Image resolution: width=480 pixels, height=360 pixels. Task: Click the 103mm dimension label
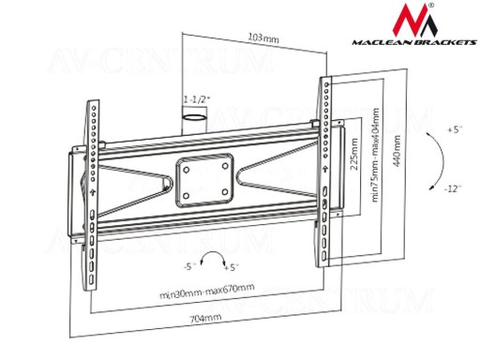pos(263,37)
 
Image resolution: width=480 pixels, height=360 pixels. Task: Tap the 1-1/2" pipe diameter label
pos(197,99)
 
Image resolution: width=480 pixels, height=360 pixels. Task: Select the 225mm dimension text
pos(354,154)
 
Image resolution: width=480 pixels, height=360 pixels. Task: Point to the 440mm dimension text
pos(397,151)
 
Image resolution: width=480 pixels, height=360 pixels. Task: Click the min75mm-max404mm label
pos(376,155)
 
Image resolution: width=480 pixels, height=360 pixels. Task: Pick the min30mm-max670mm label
pos(207,291)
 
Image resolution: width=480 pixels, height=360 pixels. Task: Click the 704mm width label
pos(205,318)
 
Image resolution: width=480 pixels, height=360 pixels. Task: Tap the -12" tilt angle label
pos(452,189)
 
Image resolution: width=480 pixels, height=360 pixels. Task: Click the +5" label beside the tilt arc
pos(455,129)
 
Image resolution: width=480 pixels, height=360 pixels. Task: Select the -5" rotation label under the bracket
pos(189,267)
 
